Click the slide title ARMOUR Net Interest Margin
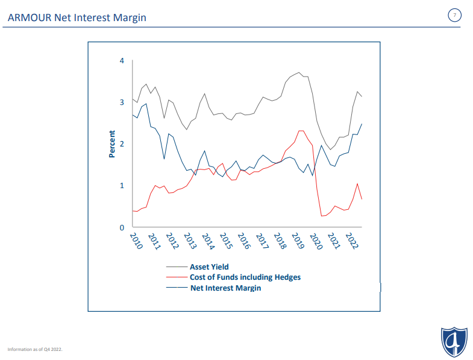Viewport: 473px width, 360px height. point(77,17)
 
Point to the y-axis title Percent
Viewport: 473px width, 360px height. point(112,144)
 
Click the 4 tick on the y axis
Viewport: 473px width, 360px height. point(122,61)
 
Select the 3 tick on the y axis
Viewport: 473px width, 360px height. point(122,103)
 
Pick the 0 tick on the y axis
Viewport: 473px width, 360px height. point(122,227)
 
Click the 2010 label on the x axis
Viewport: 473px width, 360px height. point(136,241)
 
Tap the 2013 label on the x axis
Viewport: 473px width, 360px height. point(190,241)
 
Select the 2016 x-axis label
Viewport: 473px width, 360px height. point(245,241)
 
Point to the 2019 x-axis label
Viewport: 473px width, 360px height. point(298,241)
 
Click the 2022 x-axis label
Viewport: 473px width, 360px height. point(352,241)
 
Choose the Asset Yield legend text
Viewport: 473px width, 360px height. point(209,267)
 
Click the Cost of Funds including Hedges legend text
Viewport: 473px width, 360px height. point(245,277)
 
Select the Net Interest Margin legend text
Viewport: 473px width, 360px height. point(225,288)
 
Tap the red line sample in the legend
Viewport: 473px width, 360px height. point(177,277)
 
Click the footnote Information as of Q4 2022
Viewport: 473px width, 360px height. point(35,349)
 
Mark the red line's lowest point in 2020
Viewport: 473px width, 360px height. point(322,216)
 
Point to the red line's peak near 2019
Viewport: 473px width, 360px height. point(301,131)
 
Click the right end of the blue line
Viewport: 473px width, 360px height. point(362,124)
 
